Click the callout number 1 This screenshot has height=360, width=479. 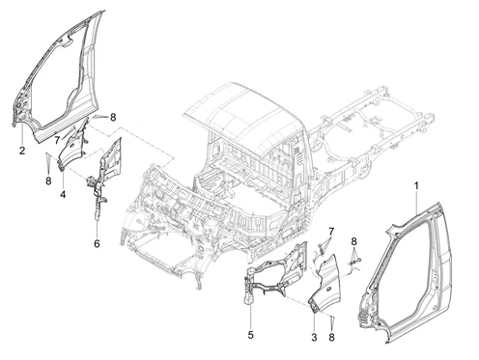(x=416, y=186)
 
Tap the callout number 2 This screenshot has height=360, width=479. (x=22, y=151)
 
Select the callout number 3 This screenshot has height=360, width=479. (x=314, y=338)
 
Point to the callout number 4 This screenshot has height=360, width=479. (x=63, y=194)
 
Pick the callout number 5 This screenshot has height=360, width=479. (x=251, y=335)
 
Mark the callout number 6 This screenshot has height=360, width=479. (x=97, y=243)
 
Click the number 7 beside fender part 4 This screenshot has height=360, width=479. (x=57, y=140)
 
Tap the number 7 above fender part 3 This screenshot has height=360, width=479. (x=331, y=231)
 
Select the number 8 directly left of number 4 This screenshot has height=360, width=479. (x=48, y=181)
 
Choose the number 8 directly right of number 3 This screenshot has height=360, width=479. (x=331, y=337)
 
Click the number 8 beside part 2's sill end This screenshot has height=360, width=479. (x=113, y=118)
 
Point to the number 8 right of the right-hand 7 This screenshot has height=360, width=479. (x=353, y=241)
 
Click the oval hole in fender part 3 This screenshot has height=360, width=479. (x=328, y=291)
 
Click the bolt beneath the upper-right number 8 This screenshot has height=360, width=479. (x=359, y=259)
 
